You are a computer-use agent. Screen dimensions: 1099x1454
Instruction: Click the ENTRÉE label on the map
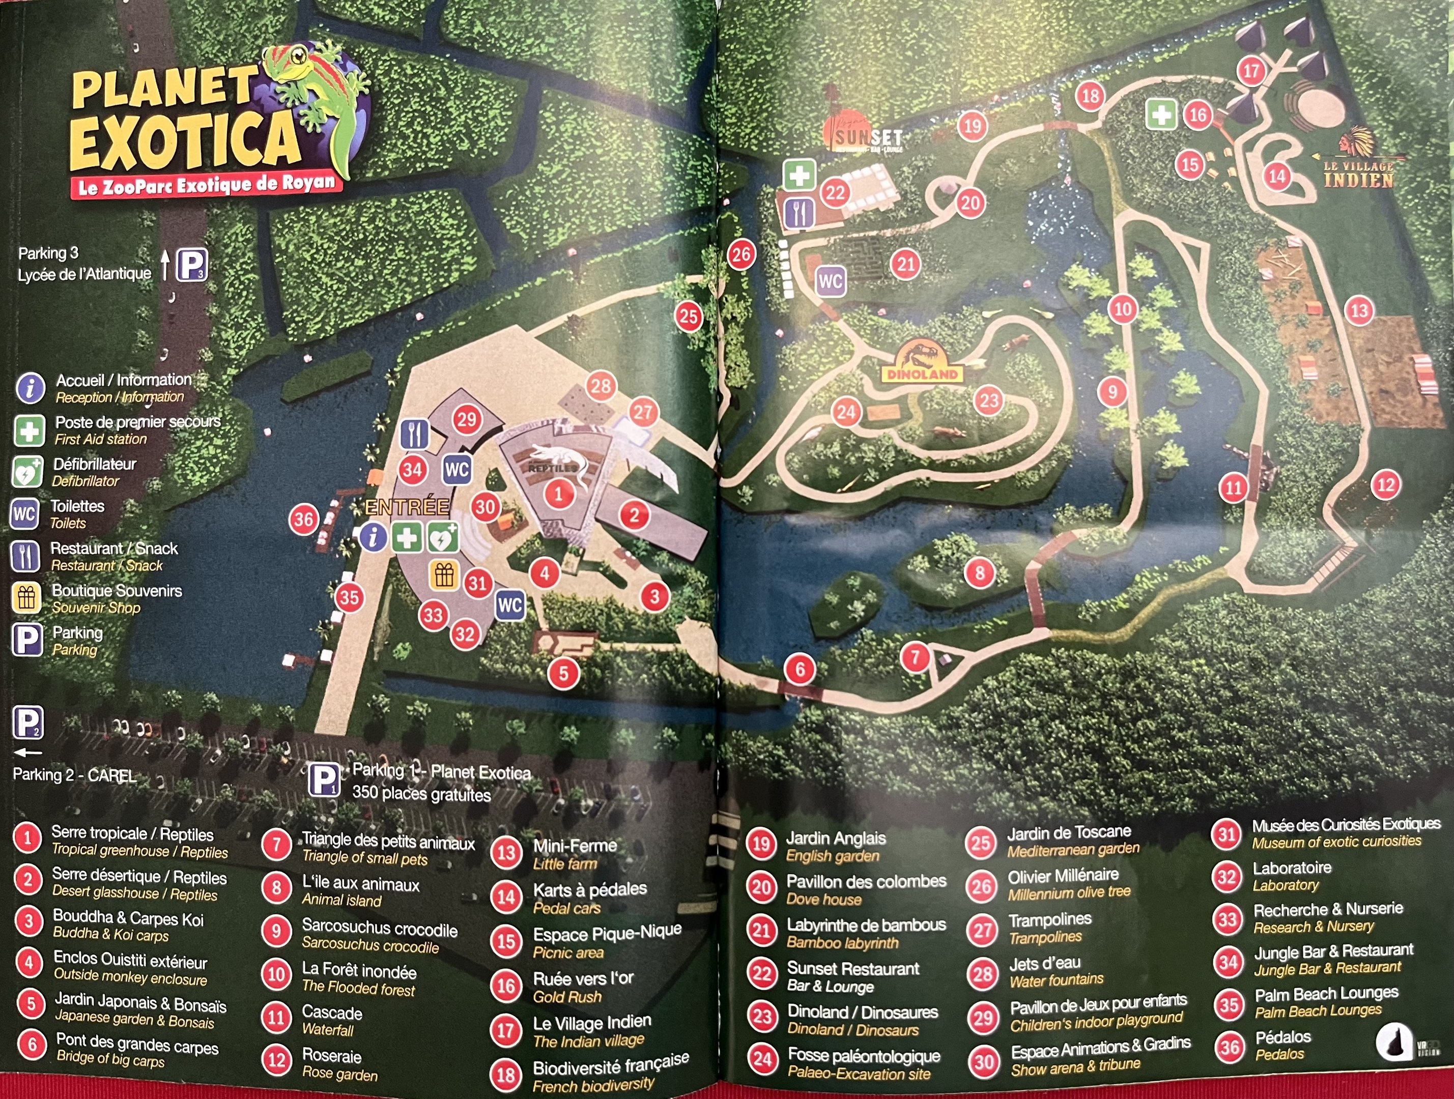coord(408,507)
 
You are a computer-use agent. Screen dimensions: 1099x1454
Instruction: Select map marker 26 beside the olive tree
coord(742,254)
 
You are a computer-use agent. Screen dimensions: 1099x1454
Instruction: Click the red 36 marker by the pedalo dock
coord(304,520)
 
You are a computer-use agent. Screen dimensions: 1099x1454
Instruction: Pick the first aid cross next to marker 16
coord(1161,115)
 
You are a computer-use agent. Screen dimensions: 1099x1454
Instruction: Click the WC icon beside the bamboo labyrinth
coord(830,281)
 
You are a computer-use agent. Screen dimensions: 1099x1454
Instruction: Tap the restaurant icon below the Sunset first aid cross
coord(800,212)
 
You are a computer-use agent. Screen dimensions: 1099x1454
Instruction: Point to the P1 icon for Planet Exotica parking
coord(324,780)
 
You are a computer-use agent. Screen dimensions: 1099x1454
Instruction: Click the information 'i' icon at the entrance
coord(373,538)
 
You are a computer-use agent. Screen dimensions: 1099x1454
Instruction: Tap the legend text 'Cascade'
coord(332,1012)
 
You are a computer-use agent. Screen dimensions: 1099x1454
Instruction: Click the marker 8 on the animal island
coord(979,572)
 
